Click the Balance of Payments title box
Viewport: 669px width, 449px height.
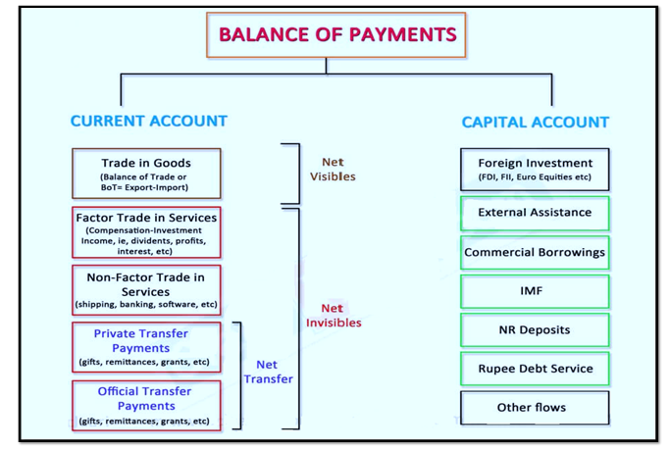point(335,35)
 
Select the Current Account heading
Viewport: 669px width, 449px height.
point(149,122)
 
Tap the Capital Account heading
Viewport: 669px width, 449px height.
point(535,123)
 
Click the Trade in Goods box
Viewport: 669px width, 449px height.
point(146,174)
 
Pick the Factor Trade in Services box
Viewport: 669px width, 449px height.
point(146,232)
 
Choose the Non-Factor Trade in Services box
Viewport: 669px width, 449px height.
point(146,290)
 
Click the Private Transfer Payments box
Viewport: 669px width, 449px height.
point(146,347)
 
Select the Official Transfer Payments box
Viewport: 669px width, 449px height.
point(146,406)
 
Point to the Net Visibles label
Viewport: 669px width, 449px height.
point(333,170)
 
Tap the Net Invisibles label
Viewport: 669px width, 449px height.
point(334,316)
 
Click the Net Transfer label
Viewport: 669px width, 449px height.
point(269,372)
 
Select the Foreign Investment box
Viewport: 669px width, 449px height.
point(535,170)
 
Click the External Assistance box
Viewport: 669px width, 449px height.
point(535,214)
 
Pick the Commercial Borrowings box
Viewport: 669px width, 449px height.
point(535,253)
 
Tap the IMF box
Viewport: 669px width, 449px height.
point(535,292)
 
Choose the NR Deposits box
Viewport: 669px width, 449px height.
point(535,330)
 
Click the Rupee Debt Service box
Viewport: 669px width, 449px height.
point(535,369)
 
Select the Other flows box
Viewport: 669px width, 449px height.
point(535,408)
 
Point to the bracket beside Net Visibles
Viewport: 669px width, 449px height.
point(299,174)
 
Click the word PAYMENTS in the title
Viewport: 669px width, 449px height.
point(403,35)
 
